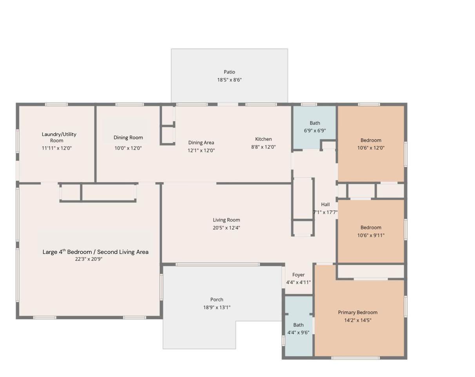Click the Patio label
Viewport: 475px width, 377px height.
click(x=229, y=72)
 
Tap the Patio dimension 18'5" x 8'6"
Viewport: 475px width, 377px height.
click(x=229, y=80)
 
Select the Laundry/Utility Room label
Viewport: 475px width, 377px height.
click(x=59, y=137)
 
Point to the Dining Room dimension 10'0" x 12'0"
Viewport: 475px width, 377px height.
click(x=128, y=148)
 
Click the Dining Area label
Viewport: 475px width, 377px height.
click(x=201, y=143)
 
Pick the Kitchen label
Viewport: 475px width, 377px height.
click(x=263, y=139)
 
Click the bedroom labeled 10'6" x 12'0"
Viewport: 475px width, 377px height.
click(x=371, y=144)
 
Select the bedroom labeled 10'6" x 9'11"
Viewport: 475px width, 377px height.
click(x=371, y=231)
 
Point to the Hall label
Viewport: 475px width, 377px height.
click(x=325, y=205)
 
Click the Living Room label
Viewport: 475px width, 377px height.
click(x=226, y=220)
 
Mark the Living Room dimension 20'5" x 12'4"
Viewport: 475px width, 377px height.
click(x=226, y=228)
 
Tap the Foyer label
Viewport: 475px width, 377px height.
click(x=298, y=275)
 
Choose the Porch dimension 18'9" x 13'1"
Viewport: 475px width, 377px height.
click(x=217, y=307)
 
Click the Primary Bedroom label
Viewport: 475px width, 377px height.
click(x=357, y=312)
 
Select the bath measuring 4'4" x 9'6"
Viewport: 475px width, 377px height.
click(x=298, y=326)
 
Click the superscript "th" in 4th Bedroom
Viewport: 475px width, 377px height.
click(x=64, y=250)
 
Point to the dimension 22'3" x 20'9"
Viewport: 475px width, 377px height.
click(x=89, y=259)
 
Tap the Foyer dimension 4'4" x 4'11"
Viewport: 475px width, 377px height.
click(x=298, y=282)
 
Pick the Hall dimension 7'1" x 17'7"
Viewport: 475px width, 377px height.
click(x=325, y=212)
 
